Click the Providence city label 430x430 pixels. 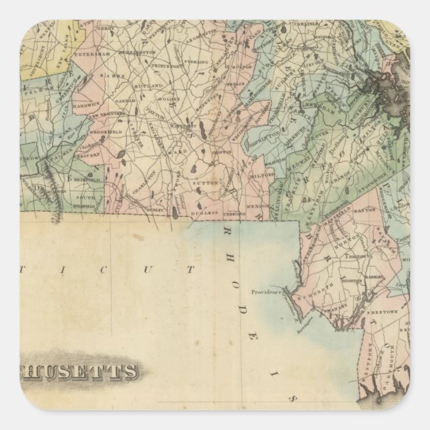click(269, 292)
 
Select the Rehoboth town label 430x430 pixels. click(313, 290)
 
